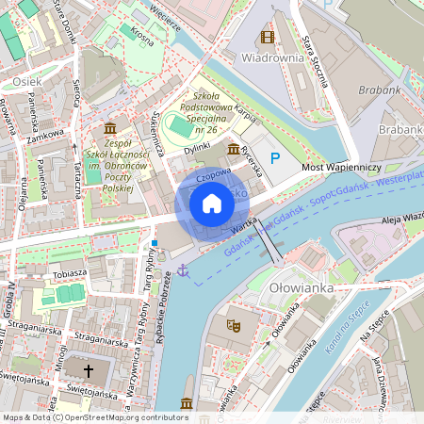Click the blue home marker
tap(212, 203)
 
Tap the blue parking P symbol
tap(275, 158)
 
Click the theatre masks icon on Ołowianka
tap(233, 324)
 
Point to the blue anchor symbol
tap(184, 271)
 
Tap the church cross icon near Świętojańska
tap(90, 371)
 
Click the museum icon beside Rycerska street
tap(233, 149)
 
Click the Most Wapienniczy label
tap(340, 167)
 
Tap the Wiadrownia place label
tap(272, 57)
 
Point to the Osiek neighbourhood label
tap(25, 82)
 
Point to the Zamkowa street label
tap(44, 138)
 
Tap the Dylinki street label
tap(197, 148)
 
